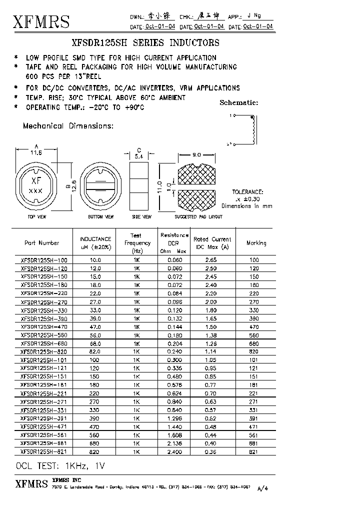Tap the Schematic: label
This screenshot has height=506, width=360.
click(x=239, y=103)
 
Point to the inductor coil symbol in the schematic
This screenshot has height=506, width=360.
click(x=252, y=129)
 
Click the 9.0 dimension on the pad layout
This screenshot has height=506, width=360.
click(x=196, y=155)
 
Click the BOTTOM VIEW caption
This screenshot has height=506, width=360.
click(x=100, y=217)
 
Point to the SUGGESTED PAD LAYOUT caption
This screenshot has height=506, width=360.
click(x=198, y=217)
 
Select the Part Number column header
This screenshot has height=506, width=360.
click(x=42, y=243)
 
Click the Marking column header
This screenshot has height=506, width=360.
click(x=256, y=243)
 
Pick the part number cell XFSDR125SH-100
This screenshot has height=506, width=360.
click(x=44, y=260)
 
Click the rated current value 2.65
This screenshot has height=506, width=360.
click(x=211, y=260)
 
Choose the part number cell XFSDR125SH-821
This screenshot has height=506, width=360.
click(x=44, y=451)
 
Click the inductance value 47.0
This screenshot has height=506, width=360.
click(x=95, y=326)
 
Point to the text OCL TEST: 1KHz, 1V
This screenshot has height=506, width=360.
click(x=60, y=466)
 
